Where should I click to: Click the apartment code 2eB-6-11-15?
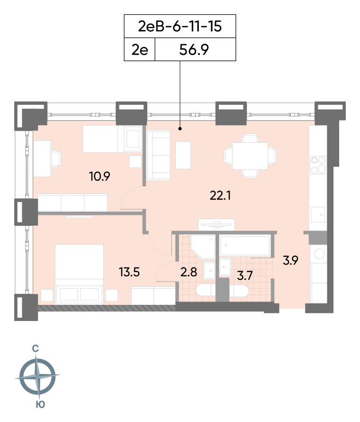(180, 26)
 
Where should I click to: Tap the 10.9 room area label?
(99, 177)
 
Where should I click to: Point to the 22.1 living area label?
(220, 195)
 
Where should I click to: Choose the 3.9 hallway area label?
(290, 260)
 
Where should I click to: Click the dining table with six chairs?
(250, 156)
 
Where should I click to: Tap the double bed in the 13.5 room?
(80, 273)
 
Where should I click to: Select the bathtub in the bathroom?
(245, 246)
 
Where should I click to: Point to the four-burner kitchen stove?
(317, 166)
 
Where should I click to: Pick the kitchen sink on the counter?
(317, 216)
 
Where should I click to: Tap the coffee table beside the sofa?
(183, 155)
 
